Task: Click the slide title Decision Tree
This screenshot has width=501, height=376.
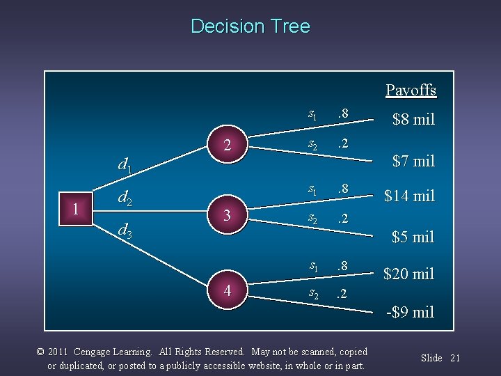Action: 250,26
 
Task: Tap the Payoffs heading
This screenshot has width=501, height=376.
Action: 411,91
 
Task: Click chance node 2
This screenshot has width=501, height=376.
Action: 228,144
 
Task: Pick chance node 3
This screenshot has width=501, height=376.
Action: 228,216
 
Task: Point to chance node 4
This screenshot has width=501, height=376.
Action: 228,290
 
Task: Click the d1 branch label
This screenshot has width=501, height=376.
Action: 126,166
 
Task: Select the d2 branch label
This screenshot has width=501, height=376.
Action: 126,198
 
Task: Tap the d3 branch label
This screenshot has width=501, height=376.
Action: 126,230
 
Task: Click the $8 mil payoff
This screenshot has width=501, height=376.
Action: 413,120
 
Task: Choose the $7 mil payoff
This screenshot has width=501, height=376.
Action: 413,162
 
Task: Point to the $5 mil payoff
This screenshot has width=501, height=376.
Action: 413,237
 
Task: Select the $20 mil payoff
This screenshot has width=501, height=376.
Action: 409,274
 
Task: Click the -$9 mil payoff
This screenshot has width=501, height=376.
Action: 411,312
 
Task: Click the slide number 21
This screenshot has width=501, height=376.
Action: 455,358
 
